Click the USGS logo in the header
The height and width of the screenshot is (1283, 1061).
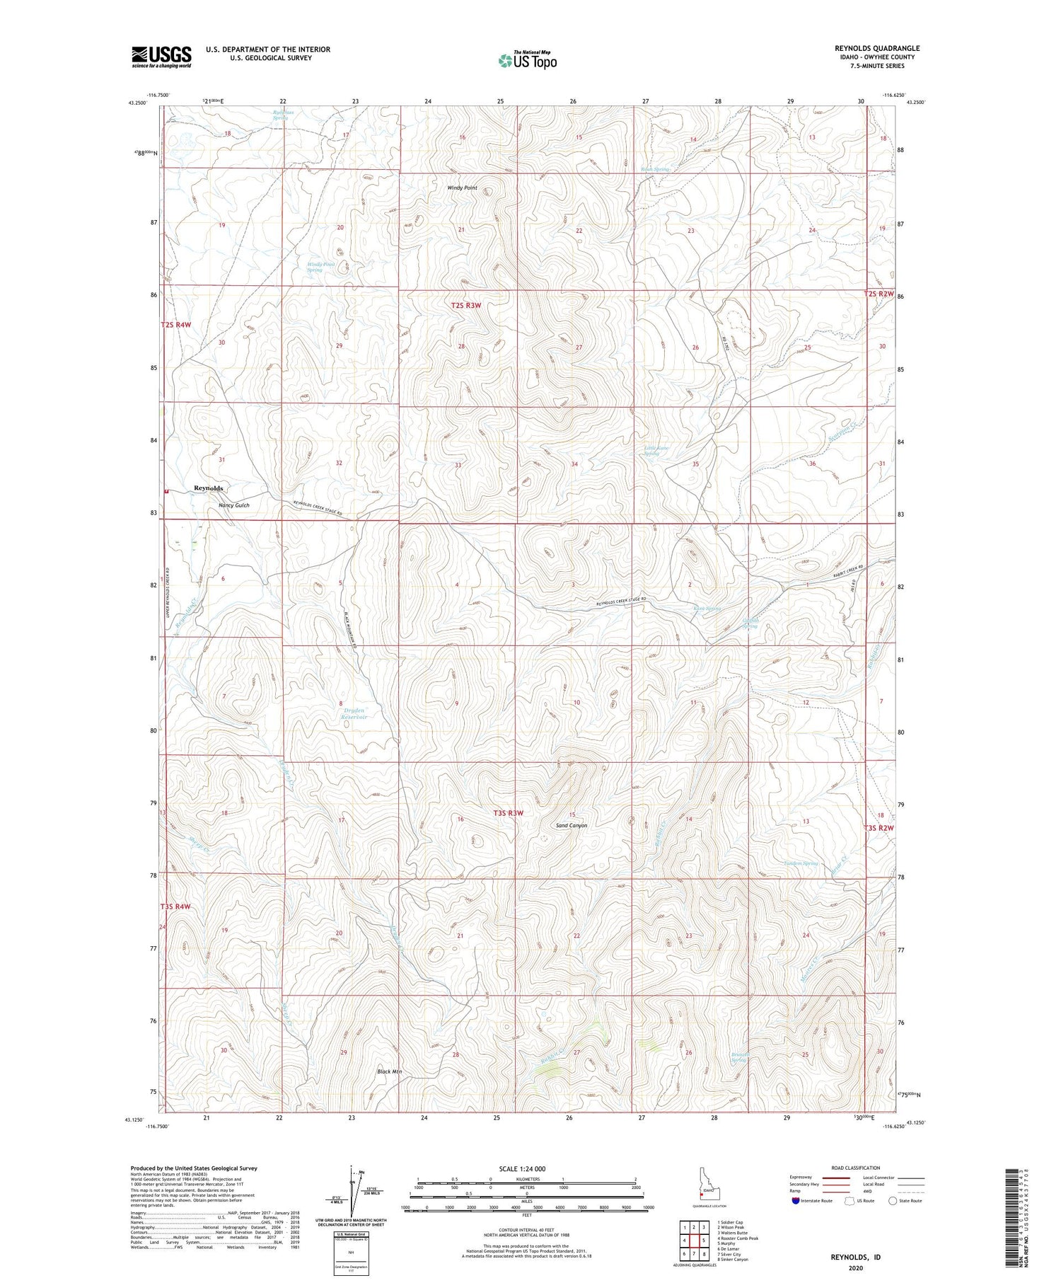point(161,57)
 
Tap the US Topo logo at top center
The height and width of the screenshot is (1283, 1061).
point(527,60)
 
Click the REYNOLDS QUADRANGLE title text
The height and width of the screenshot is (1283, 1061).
point(876,48)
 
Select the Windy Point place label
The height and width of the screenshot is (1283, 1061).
point(462,188)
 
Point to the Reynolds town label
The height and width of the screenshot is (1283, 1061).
point(209,488)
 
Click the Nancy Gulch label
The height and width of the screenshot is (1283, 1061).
point(233,505)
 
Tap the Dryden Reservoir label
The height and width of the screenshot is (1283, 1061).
point(354,713)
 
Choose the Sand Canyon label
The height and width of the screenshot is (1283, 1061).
point(572,825)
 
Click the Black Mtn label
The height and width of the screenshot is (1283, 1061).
point(390,1072)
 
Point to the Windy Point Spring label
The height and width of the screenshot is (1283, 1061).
point(315,267)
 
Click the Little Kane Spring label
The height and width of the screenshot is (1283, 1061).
point(656,451)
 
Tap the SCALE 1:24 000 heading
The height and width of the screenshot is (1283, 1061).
point(522,1168)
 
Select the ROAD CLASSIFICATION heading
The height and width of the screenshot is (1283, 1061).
point(856,1168)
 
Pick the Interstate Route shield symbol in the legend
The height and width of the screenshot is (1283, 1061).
point(796,1201)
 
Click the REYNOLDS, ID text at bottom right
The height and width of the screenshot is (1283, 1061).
point(856,1257)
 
